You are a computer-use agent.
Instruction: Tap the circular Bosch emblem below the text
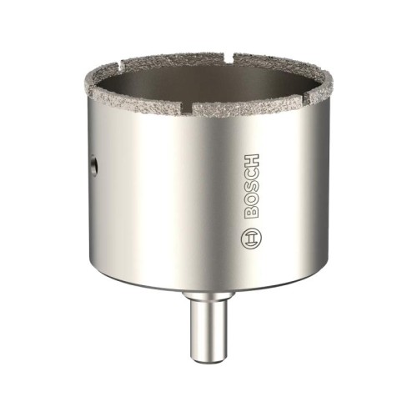tap(252, 239)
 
